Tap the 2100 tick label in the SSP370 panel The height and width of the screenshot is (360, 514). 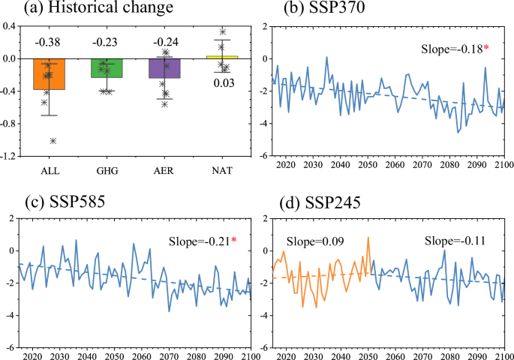[x=502, y=166]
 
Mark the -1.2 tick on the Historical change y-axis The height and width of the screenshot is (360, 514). [x=11, y=156]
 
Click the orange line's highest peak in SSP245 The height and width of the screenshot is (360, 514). [x=368, y=238]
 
